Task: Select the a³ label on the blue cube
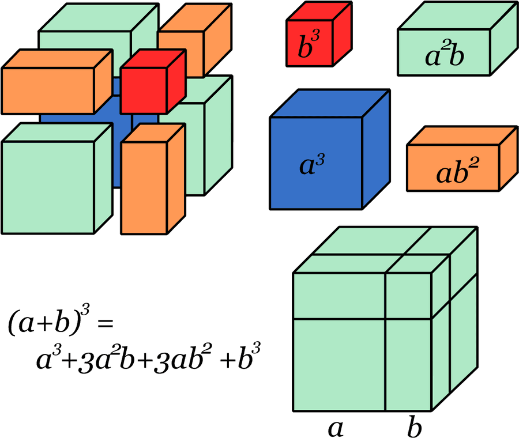click(312, 164)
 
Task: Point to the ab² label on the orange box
click(457, 171)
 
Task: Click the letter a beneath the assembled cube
click(336, 428)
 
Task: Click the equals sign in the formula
click(106, 323)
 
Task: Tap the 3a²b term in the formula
click(106, 359)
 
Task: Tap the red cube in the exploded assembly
click(153, 82)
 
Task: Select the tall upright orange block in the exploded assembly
click(153, 179)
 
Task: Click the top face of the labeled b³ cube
click(319, 12)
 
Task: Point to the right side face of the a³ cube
click(377, 149)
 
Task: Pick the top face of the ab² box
click(462, 135)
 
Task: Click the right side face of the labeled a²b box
click(504, 39)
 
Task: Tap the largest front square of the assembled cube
click(339, 365)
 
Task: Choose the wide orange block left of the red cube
click(57, 82)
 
